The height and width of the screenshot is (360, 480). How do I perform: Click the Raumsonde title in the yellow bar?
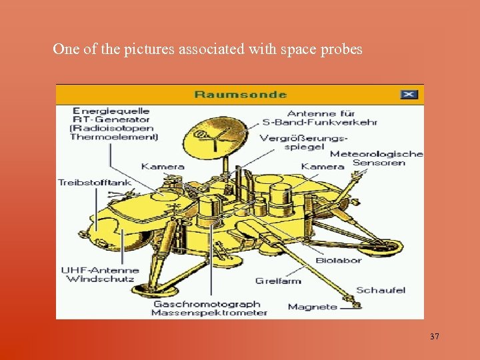click(240, 94)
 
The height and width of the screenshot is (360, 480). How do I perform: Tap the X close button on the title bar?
click(409, 94)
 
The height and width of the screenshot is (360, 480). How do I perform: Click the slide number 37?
click(435, 337)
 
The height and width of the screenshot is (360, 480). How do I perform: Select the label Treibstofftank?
click(95, 182)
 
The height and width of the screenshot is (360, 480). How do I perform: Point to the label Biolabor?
click(338, 260)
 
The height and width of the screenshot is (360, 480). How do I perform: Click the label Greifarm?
click(278, 281)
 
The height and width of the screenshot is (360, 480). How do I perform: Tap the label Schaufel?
click(381, 290)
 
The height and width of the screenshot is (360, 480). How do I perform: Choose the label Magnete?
click(313, 307)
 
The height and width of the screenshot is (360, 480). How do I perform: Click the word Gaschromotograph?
click(207, 304)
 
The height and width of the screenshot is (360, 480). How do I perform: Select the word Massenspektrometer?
click(209, 313)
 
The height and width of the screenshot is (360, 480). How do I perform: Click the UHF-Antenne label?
click(100, 270)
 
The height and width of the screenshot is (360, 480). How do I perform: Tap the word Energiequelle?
click(111, 111)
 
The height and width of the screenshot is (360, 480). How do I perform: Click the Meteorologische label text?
click(377, 153)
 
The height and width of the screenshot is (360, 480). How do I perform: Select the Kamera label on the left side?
click(163, 166)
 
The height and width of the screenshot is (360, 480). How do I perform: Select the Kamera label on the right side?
click(323, 166)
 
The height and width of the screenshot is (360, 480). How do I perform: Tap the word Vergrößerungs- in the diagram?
click(304, 138)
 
